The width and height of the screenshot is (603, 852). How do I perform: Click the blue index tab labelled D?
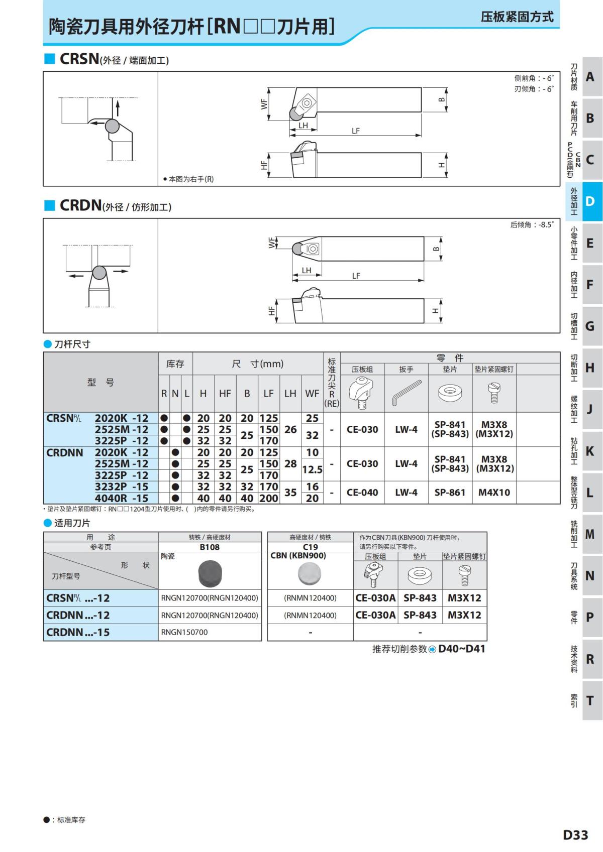click(x=592, y=201)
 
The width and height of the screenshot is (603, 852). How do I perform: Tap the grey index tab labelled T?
click(x=592, y=700)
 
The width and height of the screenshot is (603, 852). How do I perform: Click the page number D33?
click(x=575, y=834)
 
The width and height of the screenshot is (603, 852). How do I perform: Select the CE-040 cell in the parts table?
click(x=362, y=492)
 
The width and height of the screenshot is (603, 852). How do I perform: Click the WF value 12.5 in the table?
click(x=312, y=470)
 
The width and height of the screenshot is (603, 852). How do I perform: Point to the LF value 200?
click(x=269, y=498)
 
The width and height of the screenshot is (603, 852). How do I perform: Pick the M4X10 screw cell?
click(x=494, y=492)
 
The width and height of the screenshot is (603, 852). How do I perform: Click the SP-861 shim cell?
click(x=450, y=492)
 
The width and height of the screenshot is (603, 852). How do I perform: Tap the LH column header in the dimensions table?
click(x=290, y=393)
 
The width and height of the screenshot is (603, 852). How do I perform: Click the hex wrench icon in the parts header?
click(x=407, y=393)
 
